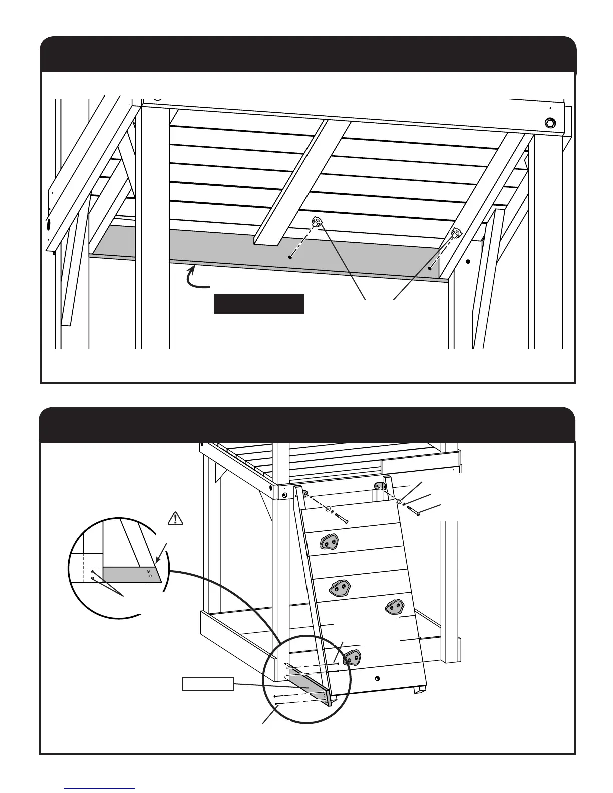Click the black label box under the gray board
(x=259, y=304)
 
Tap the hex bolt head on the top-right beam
(x=549, y=123)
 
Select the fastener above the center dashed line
(x=317, y=221)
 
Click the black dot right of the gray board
(x=468, y=261)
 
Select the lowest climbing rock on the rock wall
(x=352, y=656)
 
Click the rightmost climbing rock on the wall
(x=394, y=607)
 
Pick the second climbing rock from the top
(x=339, y=588)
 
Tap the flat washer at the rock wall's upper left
(x=328, y=509)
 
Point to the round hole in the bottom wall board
(x=377, y=678)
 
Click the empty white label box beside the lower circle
(x=208, y=684)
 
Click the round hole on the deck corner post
(x=285, y=495)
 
